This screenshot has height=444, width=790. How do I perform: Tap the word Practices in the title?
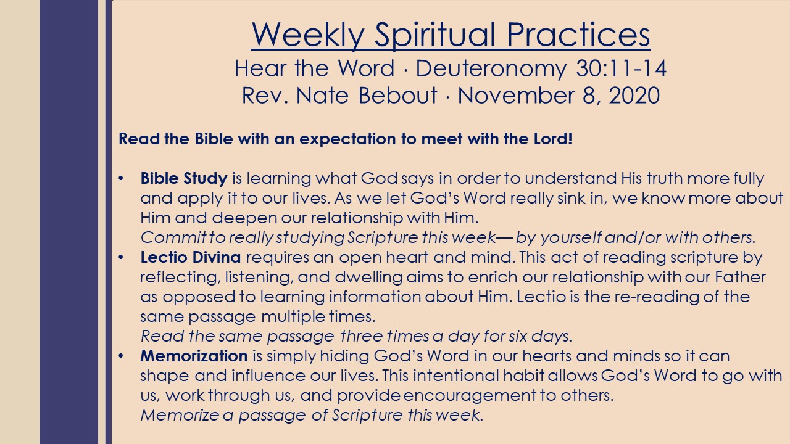[578, 34]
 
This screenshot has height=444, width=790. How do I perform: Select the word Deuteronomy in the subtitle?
[491, 68]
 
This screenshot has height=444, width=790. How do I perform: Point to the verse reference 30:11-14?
[621, 68]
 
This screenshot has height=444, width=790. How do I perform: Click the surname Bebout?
[398, 95]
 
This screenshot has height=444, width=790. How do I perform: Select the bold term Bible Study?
[184, 179]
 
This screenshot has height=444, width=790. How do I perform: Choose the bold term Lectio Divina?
[191, 257]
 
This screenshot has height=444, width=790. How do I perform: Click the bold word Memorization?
[194, 356]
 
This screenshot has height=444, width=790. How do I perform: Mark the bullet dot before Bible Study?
[121, 178]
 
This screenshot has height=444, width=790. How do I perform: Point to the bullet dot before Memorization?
[121, 356]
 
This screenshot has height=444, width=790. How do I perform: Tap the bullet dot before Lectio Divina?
[121, 257]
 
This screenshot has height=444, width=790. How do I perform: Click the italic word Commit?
[173, 237]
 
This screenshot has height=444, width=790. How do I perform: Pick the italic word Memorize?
[180, 415]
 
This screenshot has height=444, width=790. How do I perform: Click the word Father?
[740, 277]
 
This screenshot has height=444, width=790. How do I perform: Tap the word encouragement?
[470, 396]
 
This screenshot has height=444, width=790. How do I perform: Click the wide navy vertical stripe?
[69, 222]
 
